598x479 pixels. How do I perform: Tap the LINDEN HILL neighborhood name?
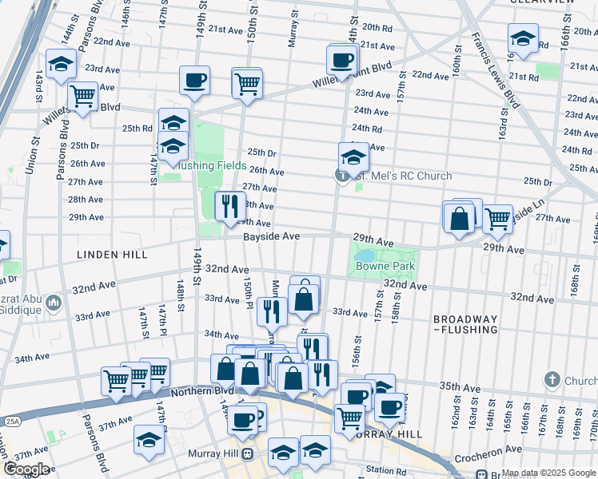coord(112,254)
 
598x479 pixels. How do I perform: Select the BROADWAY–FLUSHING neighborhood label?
coord(465,323)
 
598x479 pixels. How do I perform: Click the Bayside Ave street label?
coord(272,236)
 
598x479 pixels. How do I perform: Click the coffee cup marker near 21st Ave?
coord(342,59)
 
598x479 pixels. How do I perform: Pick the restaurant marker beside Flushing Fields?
coord(229,205)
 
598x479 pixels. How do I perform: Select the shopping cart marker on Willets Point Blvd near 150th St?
coord(247,81)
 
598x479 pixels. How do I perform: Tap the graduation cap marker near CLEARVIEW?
coord(523,38)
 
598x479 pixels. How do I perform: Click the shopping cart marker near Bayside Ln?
coord(497,217)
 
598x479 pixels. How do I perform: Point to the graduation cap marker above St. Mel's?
coord(353,155)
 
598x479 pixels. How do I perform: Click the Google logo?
coord(27,469)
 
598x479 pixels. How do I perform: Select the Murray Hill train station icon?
coord(248,454)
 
